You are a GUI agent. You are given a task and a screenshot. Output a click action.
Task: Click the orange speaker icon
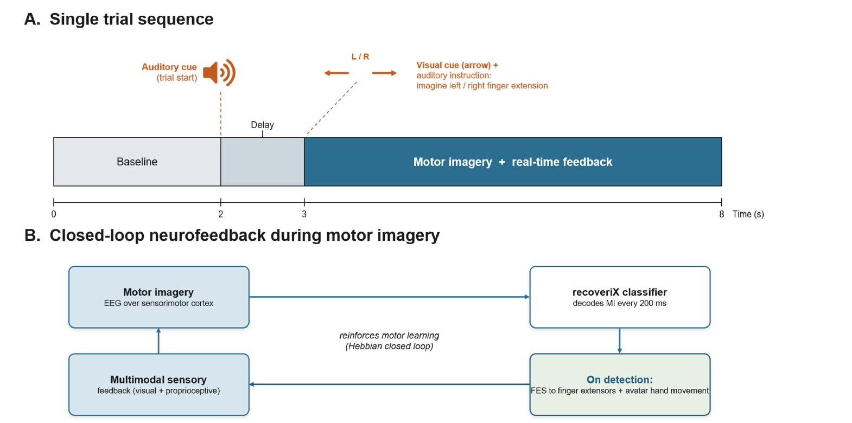coord(219,72)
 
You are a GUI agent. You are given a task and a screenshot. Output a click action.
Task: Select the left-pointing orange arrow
coord(336,73)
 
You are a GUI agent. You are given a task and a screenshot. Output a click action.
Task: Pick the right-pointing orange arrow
coord(384,73)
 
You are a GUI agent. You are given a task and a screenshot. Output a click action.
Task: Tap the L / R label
coord(360,56)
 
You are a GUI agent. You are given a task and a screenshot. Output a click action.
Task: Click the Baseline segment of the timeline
coord(137,162)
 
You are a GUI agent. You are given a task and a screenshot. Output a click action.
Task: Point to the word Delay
coord(262,125)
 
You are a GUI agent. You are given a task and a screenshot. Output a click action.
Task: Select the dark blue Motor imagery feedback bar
coord(513,162)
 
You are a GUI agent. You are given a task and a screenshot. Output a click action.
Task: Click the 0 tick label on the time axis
coord(54,214)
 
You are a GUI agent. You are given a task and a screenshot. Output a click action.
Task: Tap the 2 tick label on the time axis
coord(221,214)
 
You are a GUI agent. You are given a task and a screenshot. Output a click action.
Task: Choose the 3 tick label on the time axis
coord(304,214)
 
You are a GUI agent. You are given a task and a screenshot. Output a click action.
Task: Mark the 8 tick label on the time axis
coord(722,214)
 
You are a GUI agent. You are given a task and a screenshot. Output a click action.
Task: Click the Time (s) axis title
coord(748,214)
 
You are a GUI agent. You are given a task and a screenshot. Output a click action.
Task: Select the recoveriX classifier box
coord(620,297)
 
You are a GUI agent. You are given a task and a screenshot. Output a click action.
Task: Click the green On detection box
coord(620,384)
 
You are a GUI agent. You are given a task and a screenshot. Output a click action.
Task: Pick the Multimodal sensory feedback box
coord(158,384)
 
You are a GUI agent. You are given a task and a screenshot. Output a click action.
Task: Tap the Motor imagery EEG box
coord(158,297)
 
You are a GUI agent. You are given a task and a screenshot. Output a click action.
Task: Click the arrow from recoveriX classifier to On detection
coord(620,341)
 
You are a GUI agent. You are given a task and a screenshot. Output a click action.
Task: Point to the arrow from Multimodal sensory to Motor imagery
coord(158,341)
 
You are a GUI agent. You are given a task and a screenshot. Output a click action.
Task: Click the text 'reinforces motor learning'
coord(389,336)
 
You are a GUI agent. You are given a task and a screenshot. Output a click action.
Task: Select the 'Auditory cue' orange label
coord(169,67)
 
